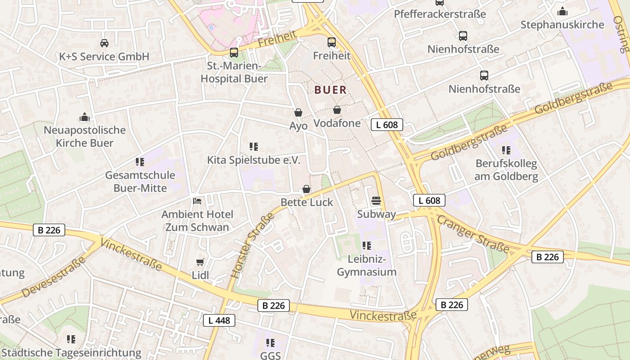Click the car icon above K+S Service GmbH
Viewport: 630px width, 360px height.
coord(104,43)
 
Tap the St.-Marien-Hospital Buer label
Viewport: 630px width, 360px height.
coord(234,72)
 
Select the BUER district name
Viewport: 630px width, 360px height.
coord(331,90)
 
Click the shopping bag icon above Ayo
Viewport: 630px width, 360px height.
coord(298,112)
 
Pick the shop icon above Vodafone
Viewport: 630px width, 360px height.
coord(337,110)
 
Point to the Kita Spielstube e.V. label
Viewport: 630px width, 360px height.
coord(253,160)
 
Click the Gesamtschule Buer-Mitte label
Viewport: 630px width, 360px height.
coord(140,181)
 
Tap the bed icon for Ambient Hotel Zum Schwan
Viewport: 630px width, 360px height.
coord(197,201)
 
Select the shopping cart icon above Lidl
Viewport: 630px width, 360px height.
coord(200,262)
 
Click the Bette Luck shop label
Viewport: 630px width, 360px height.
coord(306,202)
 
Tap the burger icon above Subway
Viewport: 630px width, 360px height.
coord(376,201)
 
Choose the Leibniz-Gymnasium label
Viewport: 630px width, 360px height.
coord(367,265)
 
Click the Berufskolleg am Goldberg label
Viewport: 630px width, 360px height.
coord(506,170)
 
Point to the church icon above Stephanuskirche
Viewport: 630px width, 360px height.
coord(562,11)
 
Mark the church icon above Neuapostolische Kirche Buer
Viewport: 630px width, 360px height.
coord(85,117)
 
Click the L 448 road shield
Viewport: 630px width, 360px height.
coord(219,320)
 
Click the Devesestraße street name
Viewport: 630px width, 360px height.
coord(54,277)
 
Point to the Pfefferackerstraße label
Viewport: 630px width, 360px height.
coord(440,14)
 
